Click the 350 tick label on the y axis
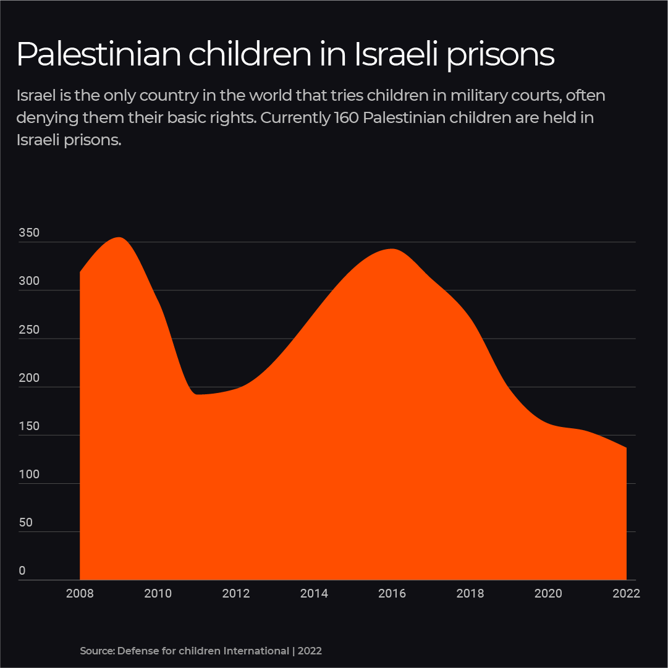click(x=29, y=234)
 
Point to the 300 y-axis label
click(x=29, y=281)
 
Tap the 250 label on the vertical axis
click(x=29, y=330)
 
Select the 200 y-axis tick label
click(x=29, y=378)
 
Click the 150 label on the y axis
click(x=29, y=426)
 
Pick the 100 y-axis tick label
click(x=29, y=475)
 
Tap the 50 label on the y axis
click(x=25, y=523)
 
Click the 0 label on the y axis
click(x=22, y=571)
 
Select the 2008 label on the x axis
click(x=80, y=594)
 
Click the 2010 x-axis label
click(x=158, y=594)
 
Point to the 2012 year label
click(x=235, y=594)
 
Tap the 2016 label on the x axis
click(x=392, y=594)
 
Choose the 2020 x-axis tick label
click(x=548, y=594)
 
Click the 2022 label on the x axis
click(x=626, y=594)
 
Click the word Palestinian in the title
click(x=99, y=54)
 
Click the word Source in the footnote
click(x=96, y=651)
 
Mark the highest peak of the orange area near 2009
click(x=119, y=238)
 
